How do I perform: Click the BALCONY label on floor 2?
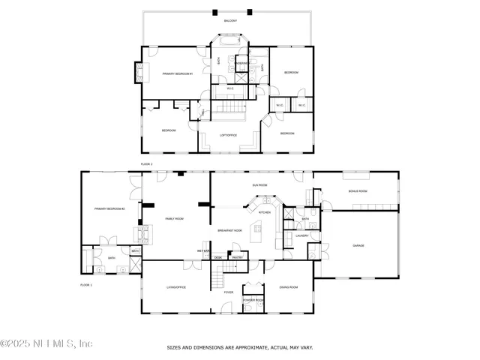229,21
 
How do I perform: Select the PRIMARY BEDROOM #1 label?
178,73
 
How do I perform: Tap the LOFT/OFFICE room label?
229,136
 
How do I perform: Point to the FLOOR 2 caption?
146,163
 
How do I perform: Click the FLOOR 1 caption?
85,285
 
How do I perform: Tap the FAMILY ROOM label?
174,218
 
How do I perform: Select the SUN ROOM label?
259,184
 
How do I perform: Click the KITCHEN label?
264,212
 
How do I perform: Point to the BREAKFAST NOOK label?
229,230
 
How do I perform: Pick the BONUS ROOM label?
357,192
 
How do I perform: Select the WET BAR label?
202,250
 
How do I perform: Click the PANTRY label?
237,257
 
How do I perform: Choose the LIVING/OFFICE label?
176,287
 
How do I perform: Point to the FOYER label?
228,292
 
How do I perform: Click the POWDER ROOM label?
253,300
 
